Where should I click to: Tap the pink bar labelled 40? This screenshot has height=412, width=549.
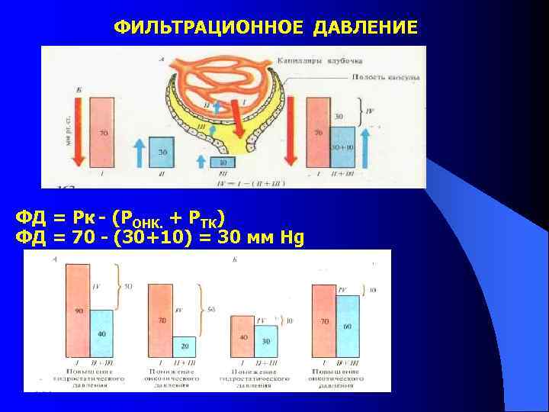(x=242, y=334)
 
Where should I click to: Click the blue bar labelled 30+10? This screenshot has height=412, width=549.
(x=343, y=146)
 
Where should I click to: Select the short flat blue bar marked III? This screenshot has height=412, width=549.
(x=223, y=162)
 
